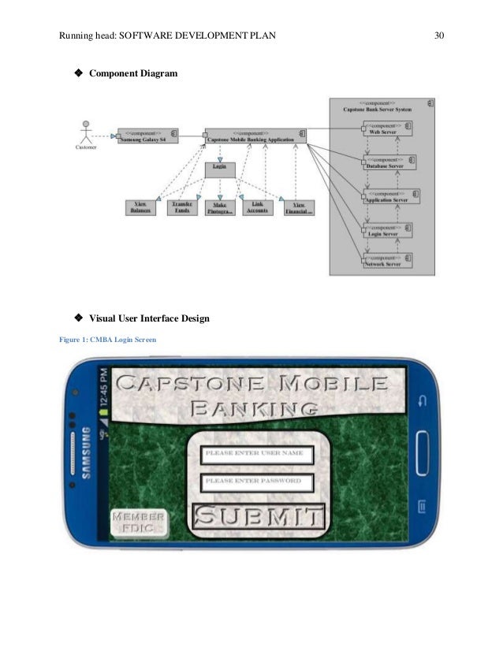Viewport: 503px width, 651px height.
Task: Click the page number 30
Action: (439, 35)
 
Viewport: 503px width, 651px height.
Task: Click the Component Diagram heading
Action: (132, 73)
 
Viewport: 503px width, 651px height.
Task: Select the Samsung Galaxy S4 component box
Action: (148, 135)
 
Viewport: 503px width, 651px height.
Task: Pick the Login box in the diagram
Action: (220, 167)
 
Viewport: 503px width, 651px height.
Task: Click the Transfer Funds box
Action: (181, 207)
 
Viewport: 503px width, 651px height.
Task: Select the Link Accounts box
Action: (257, 207)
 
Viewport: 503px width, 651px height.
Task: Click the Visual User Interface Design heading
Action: (149, 318)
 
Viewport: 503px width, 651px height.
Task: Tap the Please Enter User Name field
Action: (257, 455)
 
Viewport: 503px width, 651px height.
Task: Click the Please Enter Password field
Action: (257, 482)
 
